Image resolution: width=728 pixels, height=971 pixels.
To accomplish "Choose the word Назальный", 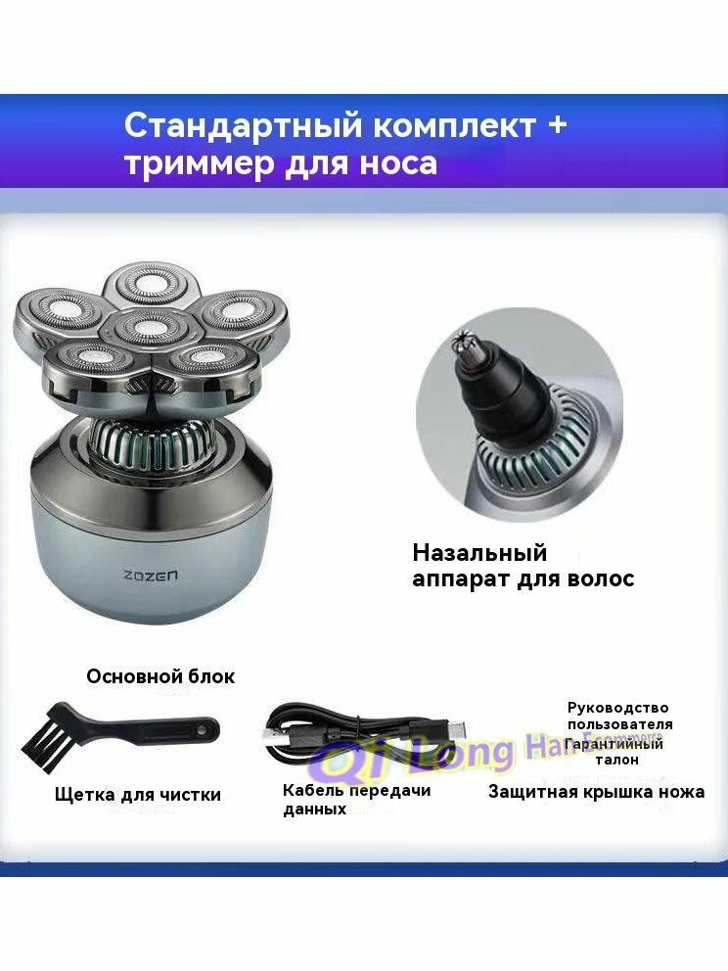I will (x=478, y=553).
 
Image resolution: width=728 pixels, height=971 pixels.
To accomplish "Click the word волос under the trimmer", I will (x=600, y=578).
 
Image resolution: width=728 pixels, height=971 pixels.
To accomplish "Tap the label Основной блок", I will (x=160, y=676).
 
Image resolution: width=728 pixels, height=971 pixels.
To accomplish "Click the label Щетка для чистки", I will (x=137, y=794).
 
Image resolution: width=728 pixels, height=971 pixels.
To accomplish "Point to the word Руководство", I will (x=617, y=708).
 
